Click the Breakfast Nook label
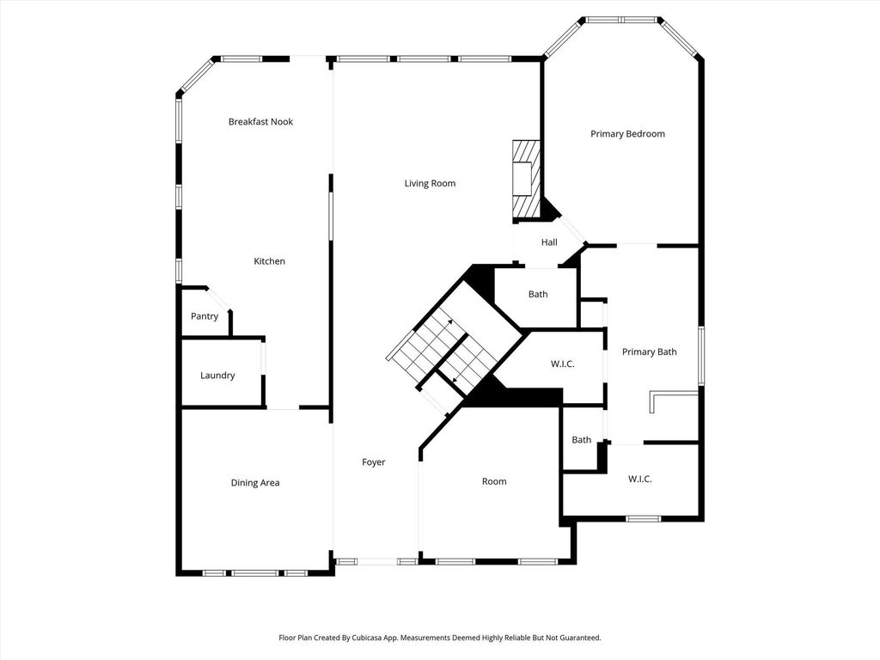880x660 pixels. pyautogui.click(x=260, y=122)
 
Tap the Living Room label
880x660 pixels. pyautogui.click(x=430, y=184)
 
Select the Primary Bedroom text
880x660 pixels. pyautogui.click(x=627, y=134)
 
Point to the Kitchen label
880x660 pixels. pyautogui.click(x=269, y=261)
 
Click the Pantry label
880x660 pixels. pyautogui.click(x=205, y=316)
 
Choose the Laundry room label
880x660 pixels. pyautogui.click(x=217, y=376)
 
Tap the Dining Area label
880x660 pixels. pyautogui.click(x=254, y=483)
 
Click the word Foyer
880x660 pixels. pyautogui.click(x=373, y=462)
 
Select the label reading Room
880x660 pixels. pyautogui.click(x=494, y=481)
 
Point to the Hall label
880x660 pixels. pyautogui.click(x=549, y=242)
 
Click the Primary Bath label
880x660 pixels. pyautogui.click(x=650, y=351)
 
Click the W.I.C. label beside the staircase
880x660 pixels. pyautogui.click(x=562, y=364)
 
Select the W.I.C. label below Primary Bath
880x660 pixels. pyautogui.click(x=639, y=480)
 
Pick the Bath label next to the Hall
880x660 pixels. pyautogui.click(x=538, y=294)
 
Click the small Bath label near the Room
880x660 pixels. pyautogui.click(x=582, y=440)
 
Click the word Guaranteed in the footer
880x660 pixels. pyautogui.click(x=584, y=639)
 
